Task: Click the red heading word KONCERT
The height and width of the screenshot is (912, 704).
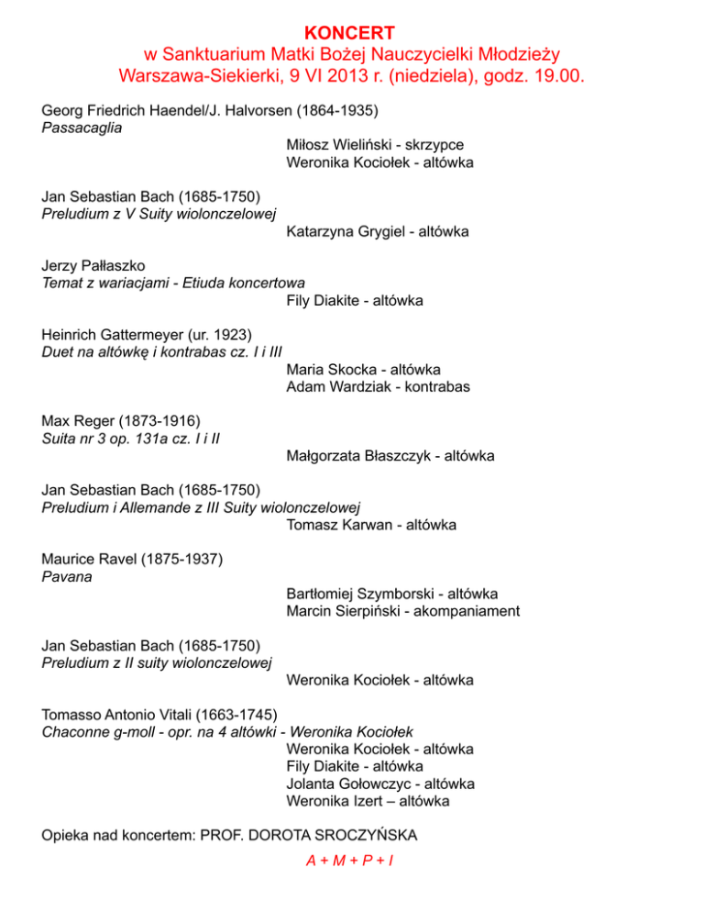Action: point(352,33)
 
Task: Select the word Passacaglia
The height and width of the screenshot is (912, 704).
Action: point(82,128)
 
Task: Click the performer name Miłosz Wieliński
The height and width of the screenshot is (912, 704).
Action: point(341,146)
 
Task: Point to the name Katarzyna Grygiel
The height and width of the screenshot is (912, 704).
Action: point(342,232)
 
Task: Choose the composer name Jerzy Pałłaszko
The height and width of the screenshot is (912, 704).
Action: point(93,266)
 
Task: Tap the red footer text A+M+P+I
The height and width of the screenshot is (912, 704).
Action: point(351,862)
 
